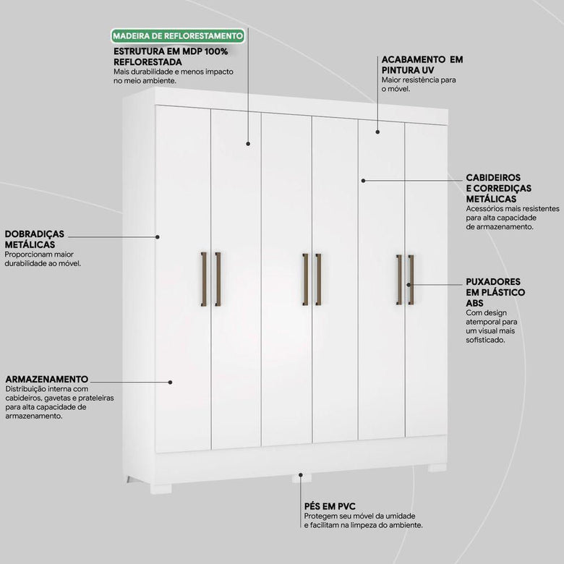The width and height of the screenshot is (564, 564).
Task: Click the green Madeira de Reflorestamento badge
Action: (178, 36)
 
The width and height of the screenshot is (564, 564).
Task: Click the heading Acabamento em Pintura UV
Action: (422, 64)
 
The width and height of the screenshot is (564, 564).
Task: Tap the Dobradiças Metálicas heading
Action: (35, 239)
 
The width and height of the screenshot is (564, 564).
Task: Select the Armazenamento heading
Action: (47, 379)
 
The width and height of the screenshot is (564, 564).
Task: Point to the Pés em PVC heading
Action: (330, 506)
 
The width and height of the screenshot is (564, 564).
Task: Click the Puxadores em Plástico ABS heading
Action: (495, 292)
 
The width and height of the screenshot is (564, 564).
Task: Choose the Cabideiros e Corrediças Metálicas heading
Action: (498, 188)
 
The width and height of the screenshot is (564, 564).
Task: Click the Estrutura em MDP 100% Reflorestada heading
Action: (171, 56)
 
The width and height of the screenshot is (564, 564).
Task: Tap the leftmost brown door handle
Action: (204, 279)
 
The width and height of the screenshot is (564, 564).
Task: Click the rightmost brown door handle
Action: (411, 280)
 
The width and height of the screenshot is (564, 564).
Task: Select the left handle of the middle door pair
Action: (305, 280)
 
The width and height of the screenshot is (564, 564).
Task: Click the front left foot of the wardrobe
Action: (161, 489)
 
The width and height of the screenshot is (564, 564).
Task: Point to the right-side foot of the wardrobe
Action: (437, 468)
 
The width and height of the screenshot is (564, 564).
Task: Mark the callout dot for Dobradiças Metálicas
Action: (157, 236)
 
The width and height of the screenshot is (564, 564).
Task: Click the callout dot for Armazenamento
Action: (170, 382)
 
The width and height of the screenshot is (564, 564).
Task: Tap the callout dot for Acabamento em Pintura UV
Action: (377, 132)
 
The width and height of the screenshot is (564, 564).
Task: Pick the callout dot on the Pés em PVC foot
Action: (300, 475)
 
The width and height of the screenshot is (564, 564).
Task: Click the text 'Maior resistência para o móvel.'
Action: (419, 84)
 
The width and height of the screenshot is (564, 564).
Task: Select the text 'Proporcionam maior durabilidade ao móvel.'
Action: (43, 259)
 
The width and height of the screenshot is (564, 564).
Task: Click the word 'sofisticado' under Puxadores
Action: (486, 340)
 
